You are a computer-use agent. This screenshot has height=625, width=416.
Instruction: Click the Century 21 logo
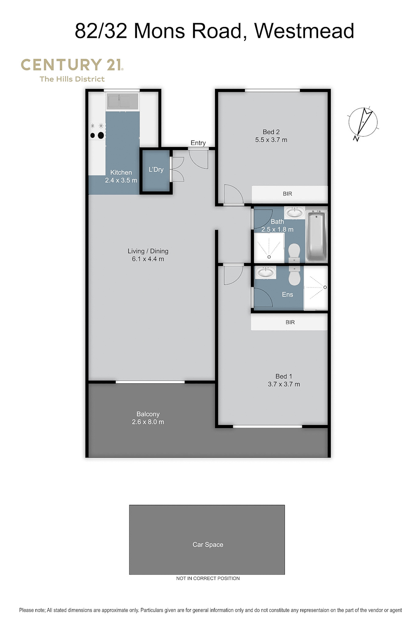pyautogui.click(x=72, y=70)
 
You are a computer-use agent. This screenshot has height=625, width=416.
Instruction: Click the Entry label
pyautogui.click(x=198, y=143)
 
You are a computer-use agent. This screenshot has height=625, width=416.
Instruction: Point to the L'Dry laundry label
pyautogui.click(x=156, y=169)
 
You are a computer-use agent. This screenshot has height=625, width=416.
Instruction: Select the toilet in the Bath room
pyautogui.click(x=294, y=252)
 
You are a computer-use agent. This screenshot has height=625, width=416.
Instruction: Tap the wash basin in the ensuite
pyautogui.click(x=266, y=272)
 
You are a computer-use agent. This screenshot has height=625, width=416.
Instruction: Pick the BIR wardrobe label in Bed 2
pyautogui.click(x=287, y=194)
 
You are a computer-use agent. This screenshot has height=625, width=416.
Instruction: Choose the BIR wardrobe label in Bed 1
pyautogui.click(x=290, y=322)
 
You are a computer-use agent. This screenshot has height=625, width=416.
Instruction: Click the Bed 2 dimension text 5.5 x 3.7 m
pyautogui.click(x=271, y=140)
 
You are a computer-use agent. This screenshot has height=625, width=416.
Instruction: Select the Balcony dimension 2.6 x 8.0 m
pyautogui.click(x=148, y=422)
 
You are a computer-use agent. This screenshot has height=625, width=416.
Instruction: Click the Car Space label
pyautogui.click(x=208, y=544)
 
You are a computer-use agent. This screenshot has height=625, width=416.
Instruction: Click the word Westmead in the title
pyautogui.click(x=304, y=31)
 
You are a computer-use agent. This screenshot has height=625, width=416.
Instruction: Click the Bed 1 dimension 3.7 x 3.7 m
pyautogui.click(x=284, y=384)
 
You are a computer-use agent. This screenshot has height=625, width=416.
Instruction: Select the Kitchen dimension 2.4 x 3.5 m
pyautogui.click(x=121, y=180)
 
